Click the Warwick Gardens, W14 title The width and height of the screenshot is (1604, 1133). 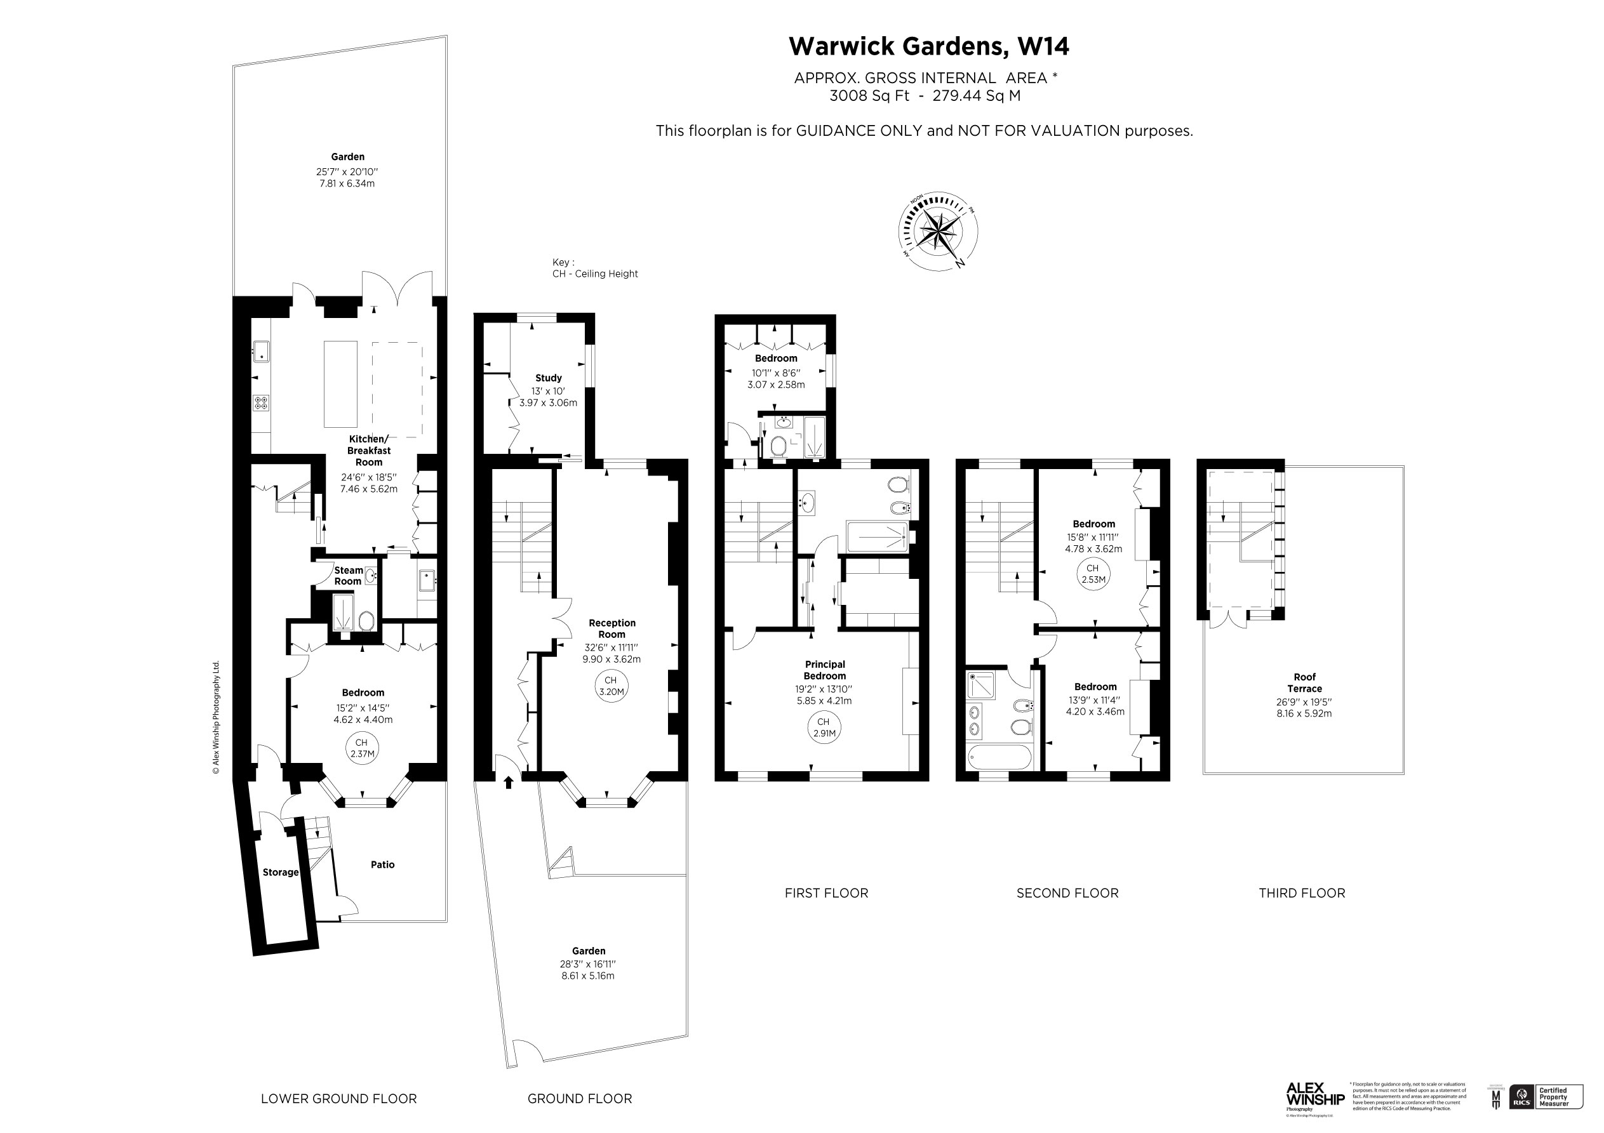pos(928,47)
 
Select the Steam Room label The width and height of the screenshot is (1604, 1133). pos(348,576)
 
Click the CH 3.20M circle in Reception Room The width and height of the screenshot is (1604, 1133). pos(611,686)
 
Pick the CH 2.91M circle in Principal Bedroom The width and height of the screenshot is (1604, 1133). pos(824,727)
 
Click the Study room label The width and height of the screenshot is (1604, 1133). pos(549,378)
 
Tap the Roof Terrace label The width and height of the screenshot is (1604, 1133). pos(1304,682)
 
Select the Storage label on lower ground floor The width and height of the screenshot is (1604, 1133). pos(280,873)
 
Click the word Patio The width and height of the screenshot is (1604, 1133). pos(383,865)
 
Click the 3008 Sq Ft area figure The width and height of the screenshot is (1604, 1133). pos(869,96)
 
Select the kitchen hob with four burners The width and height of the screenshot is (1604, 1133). pos(261,402)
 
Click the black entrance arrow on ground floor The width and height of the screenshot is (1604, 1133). pos(509,783)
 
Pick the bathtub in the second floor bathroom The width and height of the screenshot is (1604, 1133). pos(999,757)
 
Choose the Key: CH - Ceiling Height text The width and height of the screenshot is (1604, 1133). pos(594,268)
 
